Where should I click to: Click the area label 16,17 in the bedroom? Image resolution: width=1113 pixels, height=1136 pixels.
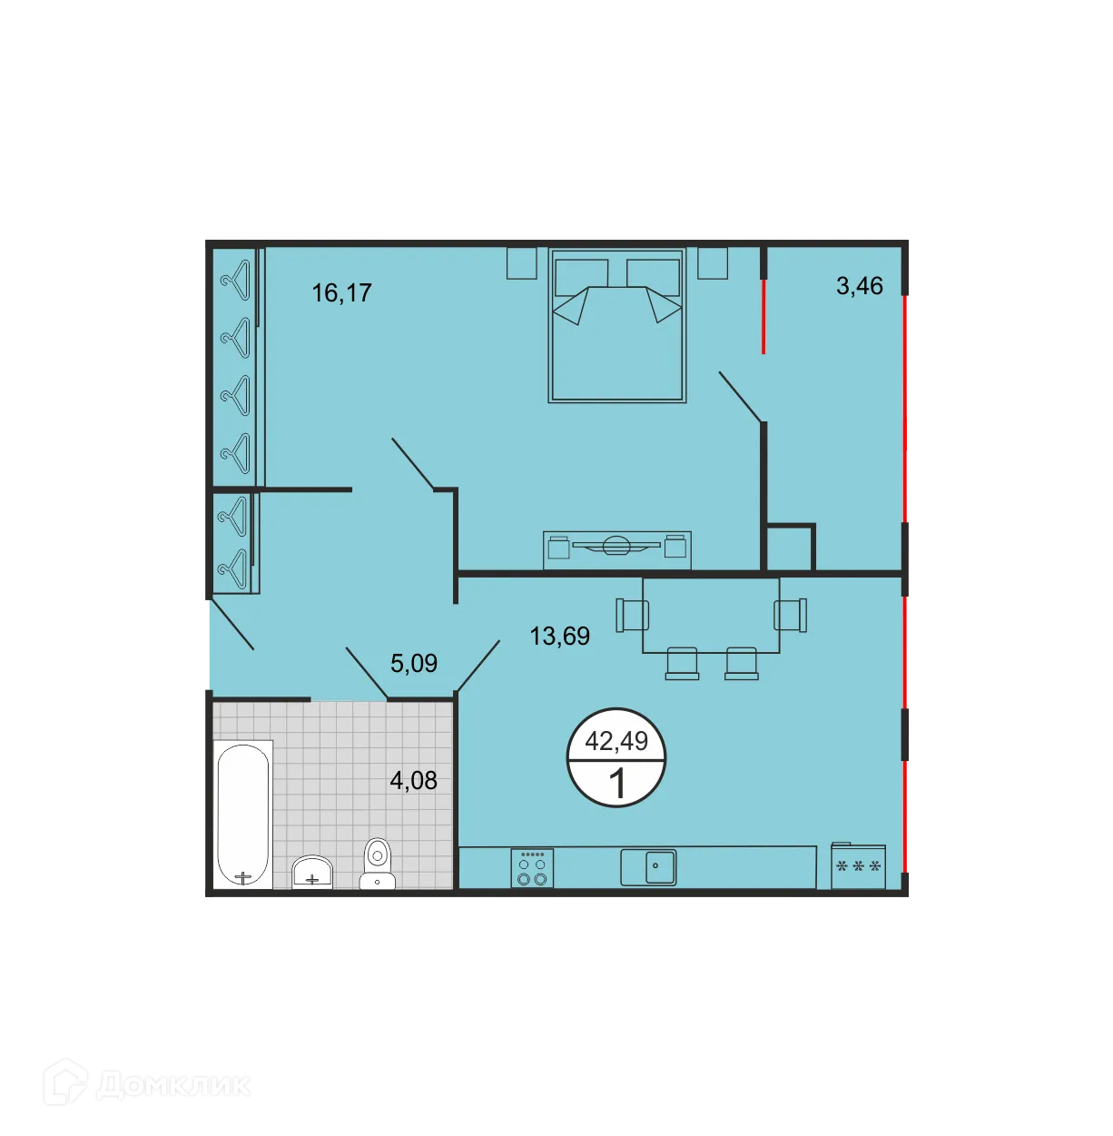point(341,292)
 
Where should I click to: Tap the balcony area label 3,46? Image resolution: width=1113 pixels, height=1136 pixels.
point(859,285)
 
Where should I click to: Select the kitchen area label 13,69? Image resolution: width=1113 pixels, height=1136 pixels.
point(559,636)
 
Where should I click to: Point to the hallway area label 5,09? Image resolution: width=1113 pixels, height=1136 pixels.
point(414,663)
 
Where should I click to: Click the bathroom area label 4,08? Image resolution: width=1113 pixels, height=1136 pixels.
point(413,780)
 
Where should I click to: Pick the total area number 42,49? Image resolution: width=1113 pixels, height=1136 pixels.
point(616,741)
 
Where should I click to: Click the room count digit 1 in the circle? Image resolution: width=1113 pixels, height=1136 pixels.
point(617,783)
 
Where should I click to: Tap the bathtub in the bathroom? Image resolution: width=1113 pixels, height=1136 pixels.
point(243,815)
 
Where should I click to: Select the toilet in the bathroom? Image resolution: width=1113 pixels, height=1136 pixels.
point(377,863)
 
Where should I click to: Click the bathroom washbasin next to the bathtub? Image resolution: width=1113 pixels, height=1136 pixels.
point(312,872)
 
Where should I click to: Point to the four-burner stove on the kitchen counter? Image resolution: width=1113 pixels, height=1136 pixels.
point(532,868)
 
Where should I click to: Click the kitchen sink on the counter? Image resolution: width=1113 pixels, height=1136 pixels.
point(649,866)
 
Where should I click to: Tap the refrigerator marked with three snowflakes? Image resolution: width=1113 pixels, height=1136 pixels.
point(858,866)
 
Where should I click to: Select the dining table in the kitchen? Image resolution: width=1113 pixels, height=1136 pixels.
point(711,615)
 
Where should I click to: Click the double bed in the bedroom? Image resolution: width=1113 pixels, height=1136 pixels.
point(617,327)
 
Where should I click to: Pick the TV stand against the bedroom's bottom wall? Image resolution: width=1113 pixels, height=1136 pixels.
point(617,549)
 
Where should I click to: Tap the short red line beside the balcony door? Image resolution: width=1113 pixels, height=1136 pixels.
point(763,315)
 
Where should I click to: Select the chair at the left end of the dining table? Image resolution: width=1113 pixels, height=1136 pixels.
point(630,615)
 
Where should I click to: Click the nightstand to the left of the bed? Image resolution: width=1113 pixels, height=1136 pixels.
point(522,262)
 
